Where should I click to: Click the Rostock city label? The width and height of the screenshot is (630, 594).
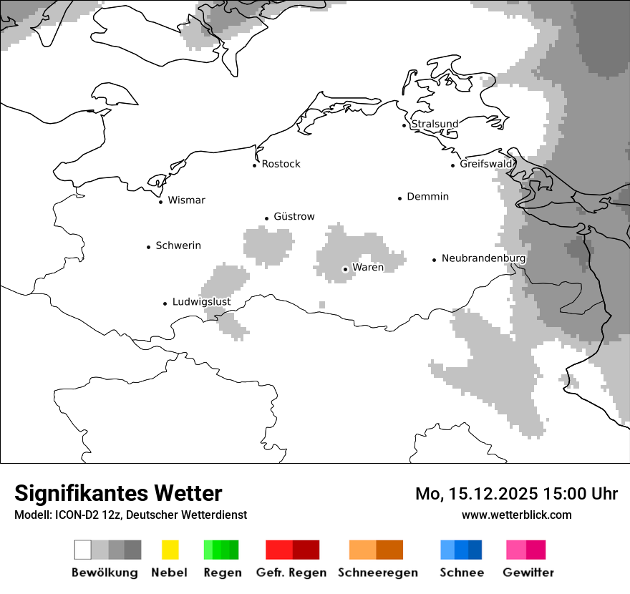[281, 164]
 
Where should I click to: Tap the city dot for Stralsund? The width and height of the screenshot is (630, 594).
[404, 125]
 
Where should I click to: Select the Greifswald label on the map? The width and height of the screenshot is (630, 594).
[486, 164]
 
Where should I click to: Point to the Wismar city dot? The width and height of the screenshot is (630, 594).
[160, 202]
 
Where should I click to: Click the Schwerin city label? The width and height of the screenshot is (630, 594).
[178, 245]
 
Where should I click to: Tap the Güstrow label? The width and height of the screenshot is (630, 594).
[294, 216]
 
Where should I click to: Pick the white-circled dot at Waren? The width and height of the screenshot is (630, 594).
[345, 269]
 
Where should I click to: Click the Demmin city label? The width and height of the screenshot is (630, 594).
[427, 196]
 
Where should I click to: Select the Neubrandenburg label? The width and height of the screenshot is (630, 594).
[483, 258]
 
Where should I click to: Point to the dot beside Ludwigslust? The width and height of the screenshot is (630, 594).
[165, 303]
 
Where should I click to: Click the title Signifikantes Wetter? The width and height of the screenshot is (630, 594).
[118, 493]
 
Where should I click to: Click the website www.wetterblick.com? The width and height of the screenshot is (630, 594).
[516, 515]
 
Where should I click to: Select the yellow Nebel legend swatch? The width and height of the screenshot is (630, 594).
[170, 550]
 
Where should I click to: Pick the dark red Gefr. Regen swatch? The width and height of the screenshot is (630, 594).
[306, 550]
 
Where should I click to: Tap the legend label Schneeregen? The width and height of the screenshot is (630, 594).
[377, 573]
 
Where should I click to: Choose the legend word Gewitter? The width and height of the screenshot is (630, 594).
[528, 573]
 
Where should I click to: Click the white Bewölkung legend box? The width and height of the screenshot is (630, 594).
[83, 550]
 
